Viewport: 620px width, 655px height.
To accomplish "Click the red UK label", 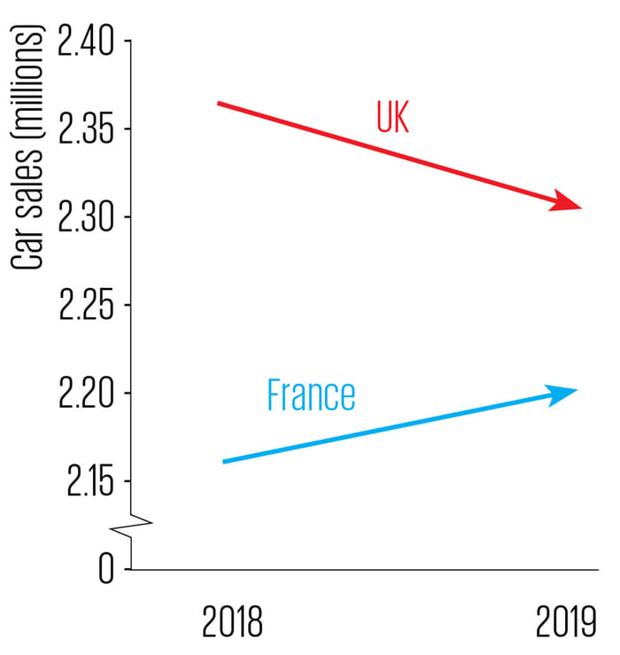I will coord(393,117).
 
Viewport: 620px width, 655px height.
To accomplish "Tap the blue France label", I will coord(311,395).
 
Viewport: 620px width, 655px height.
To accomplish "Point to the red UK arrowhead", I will coord(567,202).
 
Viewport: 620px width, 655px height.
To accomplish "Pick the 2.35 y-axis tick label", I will coord(86,130).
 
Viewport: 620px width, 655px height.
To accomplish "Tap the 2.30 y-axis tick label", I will coord(86,218).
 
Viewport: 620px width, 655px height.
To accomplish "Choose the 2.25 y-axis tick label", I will coord(86,306).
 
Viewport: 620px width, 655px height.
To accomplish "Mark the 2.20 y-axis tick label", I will coord(86,394).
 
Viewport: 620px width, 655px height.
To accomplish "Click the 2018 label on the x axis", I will coord(233,622).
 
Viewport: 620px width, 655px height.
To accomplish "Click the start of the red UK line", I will coord(220,104).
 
